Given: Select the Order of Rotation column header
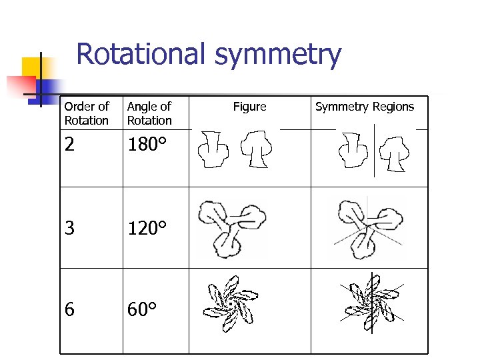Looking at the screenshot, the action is [86, 113].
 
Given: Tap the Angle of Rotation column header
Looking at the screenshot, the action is [149, 113].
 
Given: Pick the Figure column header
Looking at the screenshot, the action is [249, 107].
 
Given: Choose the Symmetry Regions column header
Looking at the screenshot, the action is [365, 107].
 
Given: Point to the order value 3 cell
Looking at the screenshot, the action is [69, 229].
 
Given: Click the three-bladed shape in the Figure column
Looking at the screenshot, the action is [231, 227].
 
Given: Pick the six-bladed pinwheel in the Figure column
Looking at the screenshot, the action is [231, 305].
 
